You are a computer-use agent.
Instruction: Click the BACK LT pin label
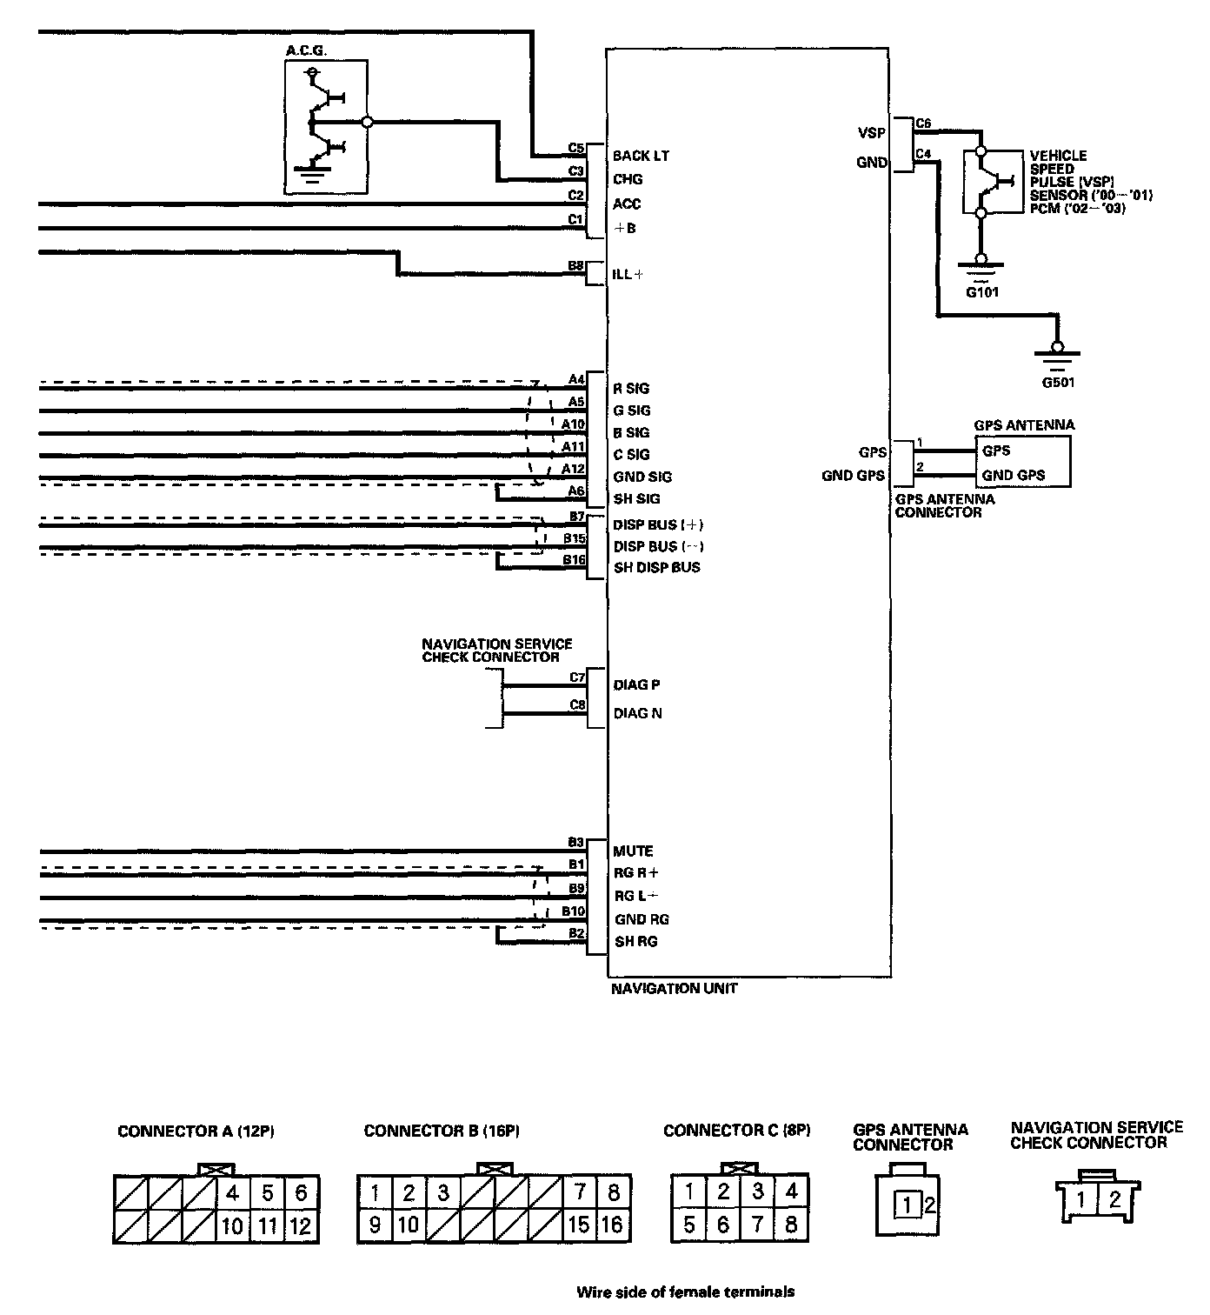pyautogui.click(x=641, y=156)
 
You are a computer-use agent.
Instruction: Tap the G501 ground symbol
pyautogui.click(x=1056, y=355)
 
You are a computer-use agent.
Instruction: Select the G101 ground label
pyautogui.click(x=982, y=292)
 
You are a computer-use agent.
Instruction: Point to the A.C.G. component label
pyautogui.click(x=306, y=51)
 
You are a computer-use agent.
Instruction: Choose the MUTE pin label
pyautogui.click(x=633, y=851)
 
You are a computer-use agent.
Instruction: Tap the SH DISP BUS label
pyautogui.click(x=656, y=567)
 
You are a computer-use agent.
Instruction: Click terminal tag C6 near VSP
pyautogui.click(x=923, y=123)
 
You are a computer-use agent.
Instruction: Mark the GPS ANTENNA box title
pyautogui.click(x=1024, y=425)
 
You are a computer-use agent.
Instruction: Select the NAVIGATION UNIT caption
pyautogui.click(x=674, y=989)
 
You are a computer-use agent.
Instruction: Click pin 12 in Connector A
pyautogui.click(x=301, y=1226)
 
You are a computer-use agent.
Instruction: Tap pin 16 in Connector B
pyautogui.click(x=612, y=1225)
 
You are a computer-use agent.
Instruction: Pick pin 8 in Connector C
pyautogui.click(x=791, y=1225)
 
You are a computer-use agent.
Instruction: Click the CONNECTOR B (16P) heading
pyautogui.click(x=442, y=1131)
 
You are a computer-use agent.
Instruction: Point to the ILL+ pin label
pyautogui.click(x=628, y=275)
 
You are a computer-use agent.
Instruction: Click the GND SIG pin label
pyautogui.click(x=642, y=477)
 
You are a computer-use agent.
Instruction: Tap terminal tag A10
pyautogui.click(x=573, y=424)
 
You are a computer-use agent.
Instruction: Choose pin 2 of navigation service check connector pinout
pyautogui.click(x=1114, y=1201)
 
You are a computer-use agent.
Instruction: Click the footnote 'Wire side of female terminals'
pyautogui.click(x=685, y=1292)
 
